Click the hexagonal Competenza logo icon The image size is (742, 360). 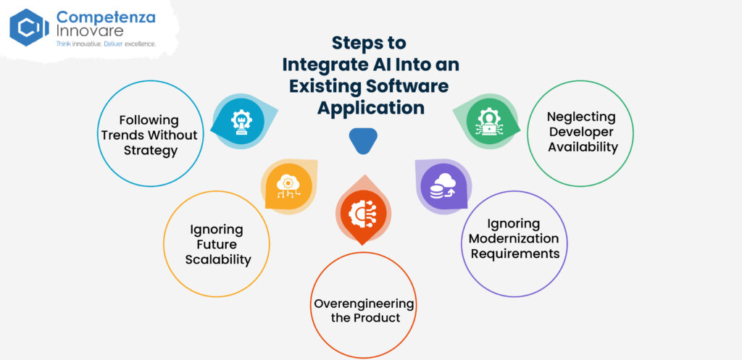pyautogui.click(x=29, y=28)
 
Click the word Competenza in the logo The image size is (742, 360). pyautogui.click(x=106, y=18)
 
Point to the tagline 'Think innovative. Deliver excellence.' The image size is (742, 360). pyautogui.click(x=106, y=43)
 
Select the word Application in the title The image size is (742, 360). pyautogui.click(x=371, y=107)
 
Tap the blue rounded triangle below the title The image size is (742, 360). pyautogui.click(x=363, y=141)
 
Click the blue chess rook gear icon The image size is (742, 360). pyautogui.click(x=241, y=122)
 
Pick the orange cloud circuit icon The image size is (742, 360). pyautogui.click(x=288, y=186)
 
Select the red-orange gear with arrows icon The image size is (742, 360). pyautogui.click(x=362, y=214)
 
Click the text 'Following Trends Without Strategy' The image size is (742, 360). pyautogui.click(x=150, y=135)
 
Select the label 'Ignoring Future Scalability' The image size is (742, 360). pyautogui.click(x=217, y=245)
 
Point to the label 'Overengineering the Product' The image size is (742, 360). pyautogui.click(x=364, y=310)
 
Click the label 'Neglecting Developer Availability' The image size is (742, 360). pyautogui.click(x=582, y=132)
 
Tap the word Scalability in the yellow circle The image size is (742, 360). pyautogui.click(x=217, y=260)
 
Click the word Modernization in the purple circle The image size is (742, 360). pyautogui.click(x=514, y=238)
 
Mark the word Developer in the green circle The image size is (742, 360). pyautogui.click(x=581, y=132)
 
